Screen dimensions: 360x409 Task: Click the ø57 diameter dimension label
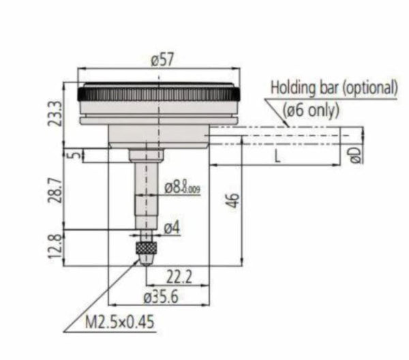[x=162, y=61]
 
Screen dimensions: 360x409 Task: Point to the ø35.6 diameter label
[x=160, y=297]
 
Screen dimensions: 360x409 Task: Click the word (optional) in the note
[x=370, y=87]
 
